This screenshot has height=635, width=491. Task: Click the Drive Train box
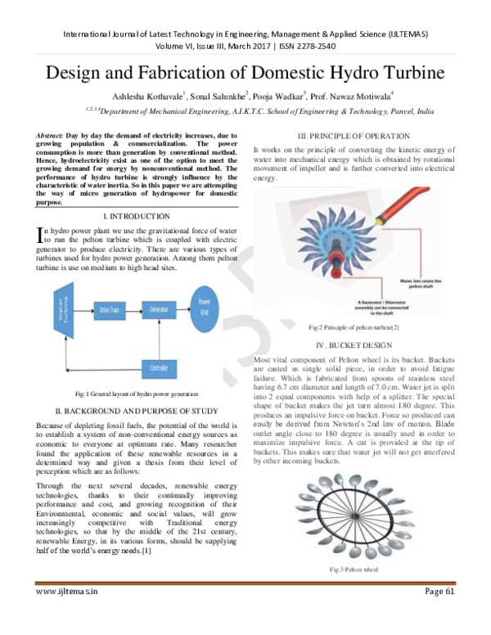pyautogui.click(x=110, y=310)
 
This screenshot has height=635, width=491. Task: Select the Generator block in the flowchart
pyautogui.click(x=159, y=309)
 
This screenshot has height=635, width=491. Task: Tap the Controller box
pyautogui.click(x=160, y=368)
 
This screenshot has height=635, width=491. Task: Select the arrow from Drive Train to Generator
pyautogui.click(x=133, y=310)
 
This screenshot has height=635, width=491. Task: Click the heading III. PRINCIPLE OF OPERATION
pyautogui.click(x=354, y=136)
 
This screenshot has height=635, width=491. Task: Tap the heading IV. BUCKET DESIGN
pyautogui.click(x=354, y=345)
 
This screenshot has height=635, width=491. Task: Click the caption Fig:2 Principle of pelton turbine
pyautogui.click(x=354, y=327)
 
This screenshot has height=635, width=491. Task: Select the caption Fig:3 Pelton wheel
pyautogui.click(x=354, y=569)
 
